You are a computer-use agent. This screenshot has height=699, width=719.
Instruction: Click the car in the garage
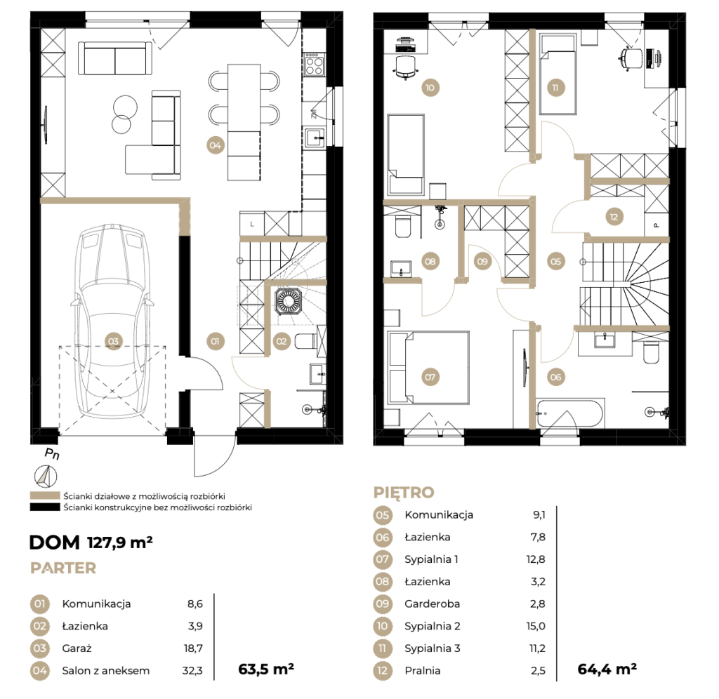pos(112,321)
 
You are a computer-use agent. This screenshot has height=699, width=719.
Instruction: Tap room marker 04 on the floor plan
pos(215,146)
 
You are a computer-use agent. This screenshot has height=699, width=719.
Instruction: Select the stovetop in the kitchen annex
pos(314,64)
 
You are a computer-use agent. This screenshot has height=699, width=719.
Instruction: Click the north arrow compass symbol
pos(46,477)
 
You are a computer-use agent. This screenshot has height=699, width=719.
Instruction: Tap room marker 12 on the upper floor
pos(614,217)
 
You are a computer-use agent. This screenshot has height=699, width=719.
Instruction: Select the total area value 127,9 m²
pos(119,542)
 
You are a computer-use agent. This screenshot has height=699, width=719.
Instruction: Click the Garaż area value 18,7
pos(193,648)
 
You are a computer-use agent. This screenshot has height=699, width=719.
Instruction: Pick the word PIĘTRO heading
pos(404,492)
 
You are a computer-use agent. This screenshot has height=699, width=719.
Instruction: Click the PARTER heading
pos(63,568)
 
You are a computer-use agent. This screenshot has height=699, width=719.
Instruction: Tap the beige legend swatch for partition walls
pos(45,495)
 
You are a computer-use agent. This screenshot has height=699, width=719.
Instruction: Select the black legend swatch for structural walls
pos(45,507)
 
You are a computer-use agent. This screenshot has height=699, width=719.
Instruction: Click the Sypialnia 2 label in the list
pos(433,626)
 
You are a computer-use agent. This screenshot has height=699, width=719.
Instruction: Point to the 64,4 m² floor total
pos(607,670)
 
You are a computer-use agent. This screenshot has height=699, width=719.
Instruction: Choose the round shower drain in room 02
pos(289,301)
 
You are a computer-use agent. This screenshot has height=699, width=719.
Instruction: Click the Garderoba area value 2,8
pos(537,604)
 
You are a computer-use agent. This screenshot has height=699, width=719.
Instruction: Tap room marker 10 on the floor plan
pos(430,88)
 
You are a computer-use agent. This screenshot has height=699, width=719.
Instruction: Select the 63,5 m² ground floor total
pos(266,670)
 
